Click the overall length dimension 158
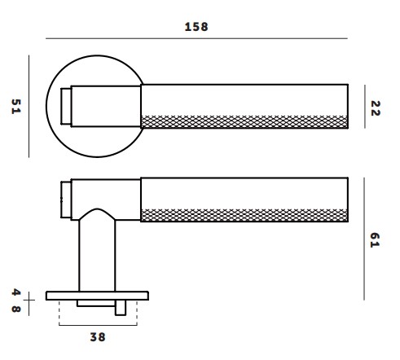point(196,26)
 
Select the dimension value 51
point(15,107)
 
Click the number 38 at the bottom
point(96,336)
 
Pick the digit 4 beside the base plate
point(15,292)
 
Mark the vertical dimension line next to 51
point(29,107)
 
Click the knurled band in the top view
point(244,122)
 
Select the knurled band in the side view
point(244,215)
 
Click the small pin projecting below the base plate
point(121,308)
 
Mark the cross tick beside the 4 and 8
point(29,300)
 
